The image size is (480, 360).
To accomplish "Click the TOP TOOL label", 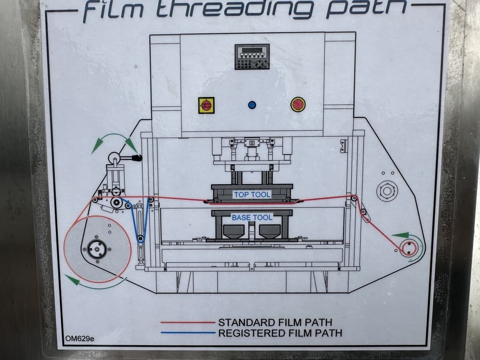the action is pos(252,195).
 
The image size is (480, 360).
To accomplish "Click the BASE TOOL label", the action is pos(252,217).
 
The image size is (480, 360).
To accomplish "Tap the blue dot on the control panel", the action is pos(252,105).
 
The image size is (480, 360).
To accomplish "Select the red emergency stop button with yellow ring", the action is pos(298,105).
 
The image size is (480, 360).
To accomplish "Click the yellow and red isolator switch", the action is pos(206,105).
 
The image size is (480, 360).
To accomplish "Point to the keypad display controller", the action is pos(252,57).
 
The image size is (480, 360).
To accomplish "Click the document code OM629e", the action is pos(80,338).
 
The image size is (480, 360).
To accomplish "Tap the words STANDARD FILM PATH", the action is pos(275,322).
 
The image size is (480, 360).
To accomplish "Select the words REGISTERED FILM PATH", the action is pos(280,333).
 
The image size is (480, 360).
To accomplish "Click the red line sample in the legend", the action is pos(188,322).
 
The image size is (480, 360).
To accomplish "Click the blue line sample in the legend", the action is pos(188,333).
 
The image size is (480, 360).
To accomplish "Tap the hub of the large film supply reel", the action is pos(97,249).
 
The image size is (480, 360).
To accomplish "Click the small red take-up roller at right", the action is pos(409,248).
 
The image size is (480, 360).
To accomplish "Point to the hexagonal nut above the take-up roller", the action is pos(387,191).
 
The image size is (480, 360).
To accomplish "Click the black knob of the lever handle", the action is pos(137,158).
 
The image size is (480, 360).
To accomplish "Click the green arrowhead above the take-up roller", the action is pos(401,235).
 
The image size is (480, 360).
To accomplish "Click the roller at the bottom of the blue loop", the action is pos(141,238).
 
